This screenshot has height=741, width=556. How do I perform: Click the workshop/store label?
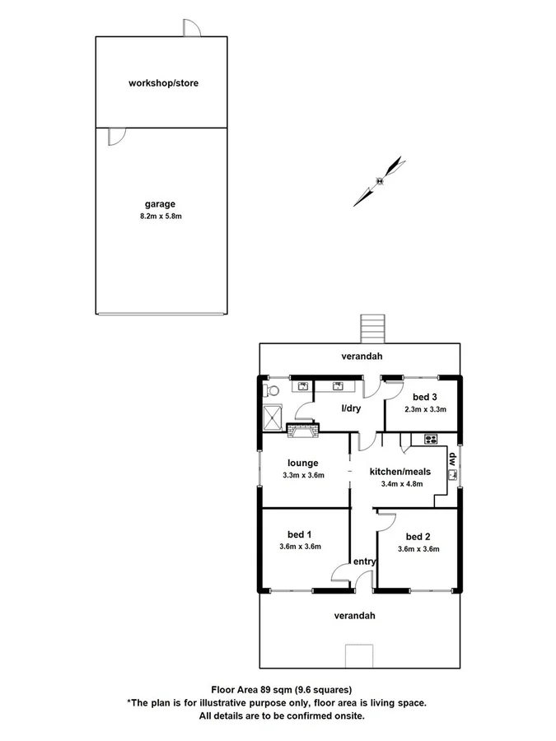[x=163, y=83]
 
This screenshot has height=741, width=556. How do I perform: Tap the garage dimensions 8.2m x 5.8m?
[x=161, y=217]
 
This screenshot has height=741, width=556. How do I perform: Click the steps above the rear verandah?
[x=373, y=329]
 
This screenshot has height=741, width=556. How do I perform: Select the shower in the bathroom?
[x=273, y=418]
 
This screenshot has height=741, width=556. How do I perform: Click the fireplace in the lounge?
[x=301, y=427]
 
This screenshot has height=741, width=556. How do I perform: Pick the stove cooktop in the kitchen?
[x=429, y=438]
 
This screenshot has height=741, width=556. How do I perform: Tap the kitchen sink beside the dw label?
[x=452, y=474]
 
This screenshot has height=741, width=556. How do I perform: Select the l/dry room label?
[x=352, y=408]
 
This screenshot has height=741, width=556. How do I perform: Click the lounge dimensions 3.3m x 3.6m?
[x=303, y=475]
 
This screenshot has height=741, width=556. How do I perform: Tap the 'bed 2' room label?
[x=418, y=536]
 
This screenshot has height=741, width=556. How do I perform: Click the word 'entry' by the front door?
[x=364, y=562]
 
